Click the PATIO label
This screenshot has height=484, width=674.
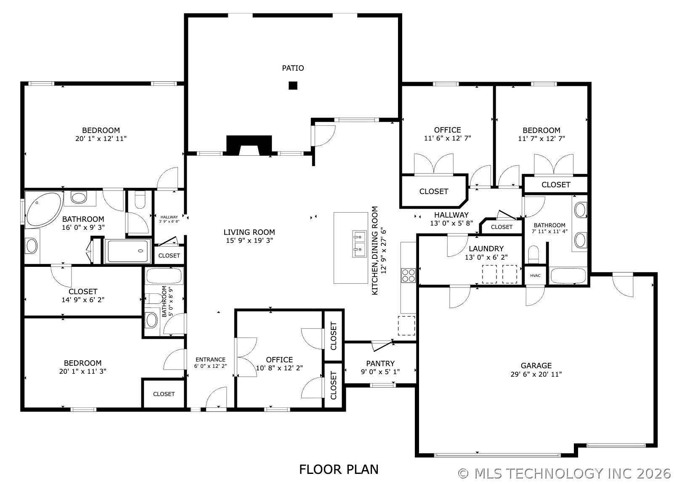click(x=293, y=68)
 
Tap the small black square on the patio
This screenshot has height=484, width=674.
click(x=293, y=85)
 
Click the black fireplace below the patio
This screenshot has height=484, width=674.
click(x=249, y=145)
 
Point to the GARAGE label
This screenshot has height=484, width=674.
click(x=536, y=366)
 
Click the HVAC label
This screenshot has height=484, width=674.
click(x=535, y=275)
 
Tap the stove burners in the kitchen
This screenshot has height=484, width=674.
click(x=408, y=275)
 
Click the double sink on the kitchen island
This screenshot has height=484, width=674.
click(x=360, y=244)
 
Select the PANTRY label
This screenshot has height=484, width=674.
click(x=380, y=364)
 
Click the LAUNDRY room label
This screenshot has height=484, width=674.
click(x=486, y=249)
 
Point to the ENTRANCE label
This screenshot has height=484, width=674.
click(x=210, y=359)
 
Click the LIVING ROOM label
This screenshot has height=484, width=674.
click(x=249, y=232)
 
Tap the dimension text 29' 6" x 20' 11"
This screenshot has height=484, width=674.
click(x=536, y=374)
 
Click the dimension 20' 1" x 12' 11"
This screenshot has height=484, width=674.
click(x=101, y=139)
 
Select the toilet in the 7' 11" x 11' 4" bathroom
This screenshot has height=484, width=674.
click(x=533, y=255)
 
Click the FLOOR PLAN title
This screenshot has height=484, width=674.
click(x=339, y=470)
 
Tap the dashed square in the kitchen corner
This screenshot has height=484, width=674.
click(x=406, y=325)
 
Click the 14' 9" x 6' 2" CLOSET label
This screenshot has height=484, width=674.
click(x=83, y=291)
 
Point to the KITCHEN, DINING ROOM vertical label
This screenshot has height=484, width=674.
click(x=374, y=250)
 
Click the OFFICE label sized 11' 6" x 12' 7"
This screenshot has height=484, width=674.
click(x=447, y=130)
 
